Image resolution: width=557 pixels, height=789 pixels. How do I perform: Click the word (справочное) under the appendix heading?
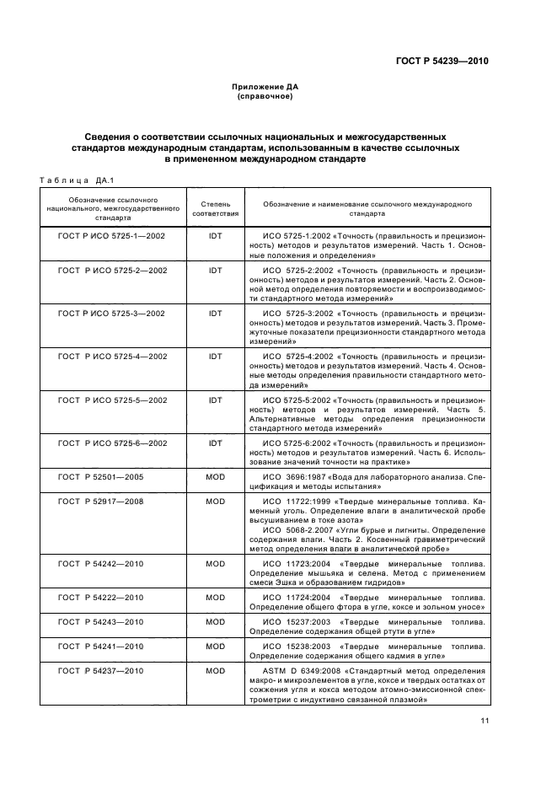point(265,96)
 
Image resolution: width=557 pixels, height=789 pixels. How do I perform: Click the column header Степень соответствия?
point(216,209)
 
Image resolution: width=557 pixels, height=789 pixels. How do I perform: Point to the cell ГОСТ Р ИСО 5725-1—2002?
point(112,235)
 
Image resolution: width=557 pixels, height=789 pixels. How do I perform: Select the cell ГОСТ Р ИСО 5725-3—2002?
point(112,313)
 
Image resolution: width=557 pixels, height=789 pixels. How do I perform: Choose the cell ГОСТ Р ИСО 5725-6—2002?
point(112,443)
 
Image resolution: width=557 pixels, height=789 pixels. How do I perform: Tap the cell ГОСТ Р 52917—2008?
point(100,501)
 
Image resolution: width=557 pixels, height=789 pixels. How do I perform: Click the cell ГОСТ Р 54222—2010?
point(100,597)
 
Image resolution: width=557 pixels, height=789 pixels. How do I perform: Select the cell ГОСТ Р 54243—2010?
point(100,622)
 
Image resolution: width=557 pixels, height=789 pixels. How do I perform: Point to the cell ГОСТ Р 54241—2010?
point(100,647)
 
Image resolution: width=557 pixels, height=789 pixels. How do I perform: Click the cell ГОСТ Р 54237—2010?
point(100,671)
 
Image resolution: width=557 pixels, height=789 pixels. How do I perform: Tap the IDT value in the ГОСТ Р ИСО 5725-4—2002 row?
point(216,356)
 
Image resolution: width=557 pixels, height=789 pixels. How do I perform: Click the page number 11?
point(485,720)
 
